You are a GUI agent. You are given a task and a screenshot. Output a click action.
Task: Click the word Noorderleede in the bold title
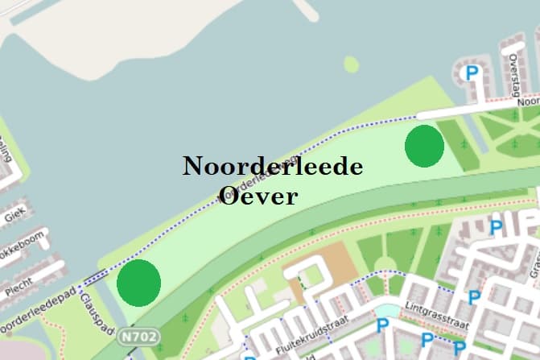pyautogui.click(x=273, y=167)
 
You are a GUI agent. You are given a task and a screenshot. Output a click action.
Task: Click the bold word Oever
pyautogui.click(x=258, y=195)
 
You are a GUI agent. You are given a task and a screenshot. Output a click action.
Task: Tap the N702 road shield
pyautogui.click(x=140, y=335)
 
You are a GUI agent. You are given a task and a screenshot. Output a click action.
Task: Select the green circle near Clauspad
pyautogui.click(x=138, y=282)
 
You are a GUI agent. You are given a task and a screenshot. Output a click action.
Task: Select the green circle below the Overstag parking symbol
pyautogui.click(x=424, y=146)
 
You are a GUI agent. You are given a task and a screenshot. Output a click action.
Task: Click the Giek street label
pyautogui.click(x=14, y=216)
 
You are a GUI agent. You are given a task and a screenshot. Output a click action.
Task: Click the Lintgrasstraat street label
pyautogui.click(x=439, y=317)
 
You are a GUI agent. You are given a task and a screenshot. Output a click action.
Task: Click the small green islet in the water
pyautogui.click(x=351, y=64)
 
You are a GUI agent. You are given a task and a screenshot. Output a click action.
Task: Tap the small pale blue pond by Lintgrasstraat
pyautogui.click(x=387, y=311)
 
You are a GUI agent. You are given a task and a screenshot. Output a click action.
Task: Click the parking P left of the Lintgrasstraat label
pyautogui.click(x=383, y=325)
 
